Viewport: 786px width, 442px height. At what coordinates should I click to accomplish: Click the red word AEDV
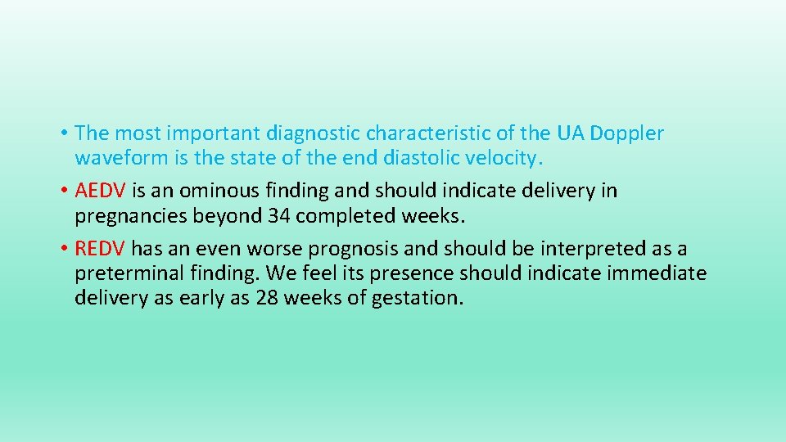(100, 191)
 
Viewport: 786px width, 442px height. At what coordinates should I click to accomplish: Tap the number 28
(267, 297)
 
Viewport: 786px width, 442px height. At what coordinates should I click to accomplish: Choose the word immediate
(657, 273)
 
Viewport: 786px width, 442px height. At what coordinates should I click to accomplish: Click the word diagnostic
(310, 133)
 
